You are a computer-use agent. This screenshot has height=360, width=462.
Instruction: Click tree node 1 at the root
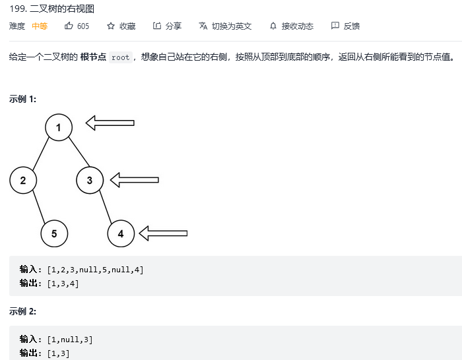click(59, 127)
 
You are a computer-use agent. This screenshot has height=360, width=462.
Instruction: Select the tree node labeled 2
click(23, 180)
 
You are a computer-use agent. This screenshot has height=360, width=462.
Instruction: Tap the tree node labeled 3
click(90, 180)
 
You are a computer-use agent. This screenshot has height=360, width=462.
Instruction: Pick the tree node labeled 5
click(54, 233)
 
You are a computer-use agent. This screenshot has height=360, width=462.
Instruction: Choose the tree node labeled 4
click(121, 233)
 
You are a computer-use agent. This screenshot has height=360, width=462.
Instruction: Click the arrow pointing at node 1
click(110, 123)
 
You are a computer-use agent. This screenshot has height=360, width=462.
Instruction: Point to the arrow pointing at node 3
click(135, 179)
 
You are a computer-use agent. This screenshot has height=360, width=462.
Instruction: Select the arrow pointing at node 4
click(164, 233)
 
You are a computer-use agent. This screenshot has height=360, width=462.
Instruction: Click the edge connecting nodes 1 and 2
click(41, 154)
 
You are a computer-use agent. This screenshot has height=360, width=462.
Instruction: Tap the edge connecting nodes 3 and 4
click(106, 206)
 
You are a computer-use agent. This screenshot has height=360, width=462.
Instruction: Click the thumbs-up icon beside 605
click(69, 26)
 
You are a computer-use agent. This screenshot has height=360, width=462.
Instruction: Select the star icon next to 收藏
click(111, 26)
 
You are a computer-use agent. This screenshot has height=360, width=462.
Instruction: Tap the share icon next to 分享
click(157, 26)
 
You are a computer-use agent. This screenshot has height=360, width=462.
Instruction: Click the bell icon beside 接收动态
click(273, 26)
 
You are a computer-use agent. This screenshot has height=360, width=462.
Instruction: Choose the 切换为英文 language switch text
click(232, 26)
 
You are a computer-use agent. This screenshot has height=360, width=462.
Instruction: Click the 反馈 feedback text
click(351, 26)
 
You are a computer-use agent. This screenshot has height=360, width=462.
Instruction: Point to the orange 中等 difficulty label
click(40, 26)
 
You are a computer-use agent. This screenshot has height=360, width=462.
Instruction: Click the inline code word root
click(120, 57)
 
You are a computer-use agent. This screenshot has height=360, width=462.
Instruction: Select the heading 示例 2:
click(22, 311)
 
